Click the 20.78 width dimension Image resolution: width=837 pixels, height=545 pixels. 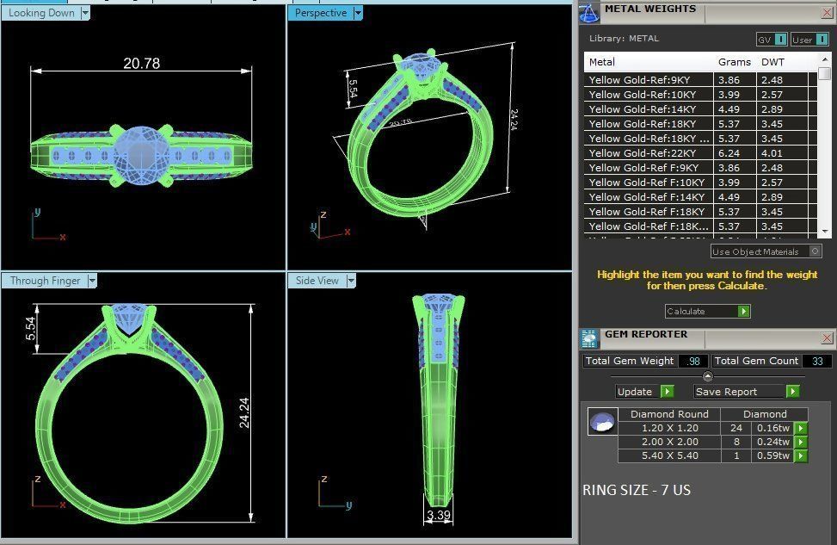(x=141, y=63)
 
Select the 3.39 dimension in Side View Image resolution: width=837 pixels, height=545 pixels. (x=439, y=516)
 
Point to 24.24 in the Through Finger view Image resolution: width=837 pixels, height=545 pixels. (x=244, y=412)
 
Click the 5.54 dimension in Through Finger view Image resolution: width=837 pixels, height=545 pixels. (x=31, y=328)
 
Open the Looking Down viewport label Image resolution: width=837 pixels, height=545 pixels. (x=41, y=13)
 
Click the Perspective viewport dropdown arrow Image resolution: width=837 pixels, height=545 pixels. (x=358, y=13)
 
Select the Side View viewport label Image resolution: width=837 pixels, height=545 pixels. (x=317, y=281)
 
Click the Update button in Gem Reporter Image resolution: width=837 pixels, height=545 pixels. (x=635, y=392)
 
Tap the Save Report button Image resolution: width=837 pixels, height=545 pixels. (x=727, y=392)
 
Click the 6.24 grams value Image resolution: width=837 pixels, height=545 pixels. (x=729, y=152)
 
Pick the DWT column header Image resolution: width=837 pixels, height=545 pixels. (x=767, y=62)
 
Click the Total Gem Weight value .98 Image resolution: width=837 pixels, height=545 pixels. (x=692, y=361)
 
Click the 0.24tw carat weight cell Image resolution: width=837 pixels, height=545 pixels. (x=772, y=442)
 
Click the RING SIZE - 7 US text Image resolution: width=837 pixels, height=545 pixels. (x=637, y=490)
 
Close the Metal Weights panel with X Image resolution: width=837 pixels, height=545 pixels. (x=827, y=12)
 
